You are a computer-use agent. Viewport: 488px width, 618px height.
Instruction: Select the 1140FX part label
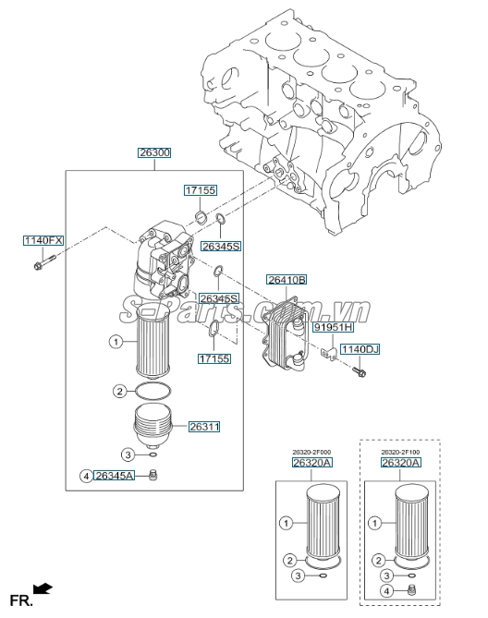[x=43, y=240]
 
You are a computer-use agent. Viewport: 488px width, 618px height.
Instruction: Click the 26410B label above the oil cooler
[x=287, y=279]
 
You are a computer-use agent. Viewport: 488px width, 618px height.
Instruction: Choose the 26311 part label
[x=204, y=427]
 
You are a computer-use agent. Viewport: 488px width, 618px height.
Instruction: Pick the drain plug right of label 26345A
[x=155, y=475]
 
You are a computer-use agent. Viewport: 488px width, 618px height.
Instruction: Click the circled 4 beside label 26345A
[x=86, y=476]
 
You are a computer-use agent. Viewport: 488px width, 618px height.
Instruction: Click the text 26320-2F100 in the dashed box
[x=401, y=452]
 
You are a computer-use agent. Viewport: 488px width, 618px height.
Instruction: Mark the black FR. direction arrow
[x=42, y=588]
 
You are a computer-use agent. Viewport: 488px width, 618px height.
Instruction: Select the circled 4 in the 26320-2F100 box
[x=388, y=591]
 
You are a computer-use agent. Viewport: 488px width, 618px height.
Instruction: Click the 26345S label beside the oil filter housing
[x=220, y=248]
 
